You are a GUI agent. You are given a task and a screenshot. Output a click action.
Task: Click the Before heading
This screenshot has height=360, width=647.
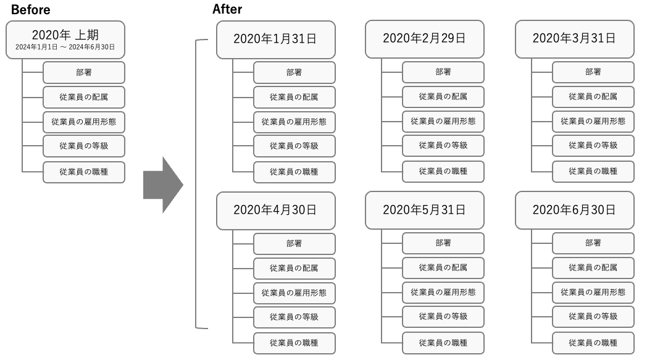coord(30,10)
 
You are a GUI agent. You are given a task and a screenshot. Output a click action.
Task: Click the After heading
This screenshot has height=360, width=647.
coord(227,9)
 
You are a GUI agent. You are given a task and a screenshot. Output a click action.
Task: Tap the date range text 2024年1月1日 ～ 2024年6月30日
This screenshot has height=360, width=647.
coord(65,47)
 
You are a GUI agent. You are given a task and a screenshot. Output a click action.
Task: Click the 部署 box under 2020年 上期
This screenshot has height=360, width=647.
coord(84,72)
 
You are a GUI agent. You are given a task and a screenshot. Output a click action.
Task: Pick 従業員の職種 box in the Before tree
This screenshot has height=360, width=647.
coord(84,172)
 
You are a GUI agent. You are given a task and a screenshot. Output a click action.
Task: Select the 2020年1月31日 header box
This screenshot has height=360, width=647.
coord(275,38)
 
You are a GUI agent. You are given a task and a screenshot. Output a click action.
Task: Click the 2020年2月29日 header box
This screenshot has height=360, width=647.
coord(424,38)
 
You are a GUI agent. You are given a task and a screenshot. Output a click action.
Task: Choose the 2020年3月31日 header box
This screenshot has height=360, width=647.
coord(574,38)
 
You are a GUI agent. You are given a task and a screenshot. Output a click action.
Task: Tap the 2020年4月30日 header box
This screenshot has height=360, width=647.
coord(275,209)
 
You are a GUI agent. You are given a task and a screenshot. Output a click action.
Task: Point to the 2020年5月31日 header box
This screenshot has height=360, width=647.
coord(424,209)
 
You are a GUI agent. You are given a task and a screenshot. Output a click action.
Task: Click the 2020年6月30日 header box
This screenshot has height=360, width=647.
coord(574,209)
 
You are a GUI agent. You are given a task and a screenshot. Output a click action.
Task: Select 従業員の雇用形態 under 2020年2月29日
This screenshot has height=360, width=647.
coord(443,121)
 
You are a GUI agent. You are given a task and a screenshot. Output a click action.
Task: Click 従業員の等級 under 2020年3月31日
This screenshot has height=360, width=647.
coord(593,146)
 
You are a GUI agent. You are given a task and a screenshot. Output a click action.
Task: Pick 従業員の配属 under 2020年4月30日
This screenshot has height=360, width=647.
coord(294,268)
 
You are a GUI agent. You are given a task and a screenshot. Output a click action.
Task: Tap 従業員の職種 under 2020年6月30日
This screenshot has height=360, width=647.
coord(593,342)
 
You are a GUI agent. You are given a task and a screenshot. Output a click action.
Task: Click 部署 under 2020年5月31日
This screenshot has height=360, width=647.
coord(443,243)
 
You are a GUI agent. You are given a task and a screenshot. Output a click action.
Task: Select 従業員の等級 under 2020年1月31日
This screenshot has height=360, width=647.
coord(294,146)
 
